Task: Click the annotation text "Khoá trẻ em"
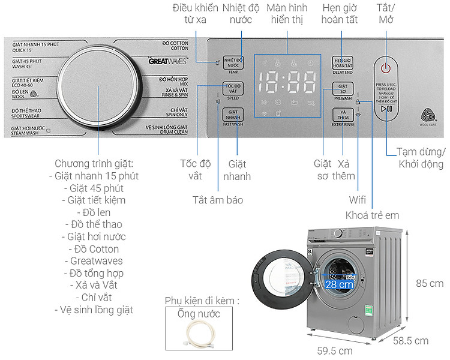(x=372, y=215)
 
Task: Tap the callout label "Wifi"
(x=358, y=200)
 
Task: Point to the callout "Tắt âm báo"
(x=218, y=200)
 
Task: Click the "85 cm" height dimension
(x=430, y=283)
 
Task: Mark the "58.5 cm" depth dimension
(x=410, y=341)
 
